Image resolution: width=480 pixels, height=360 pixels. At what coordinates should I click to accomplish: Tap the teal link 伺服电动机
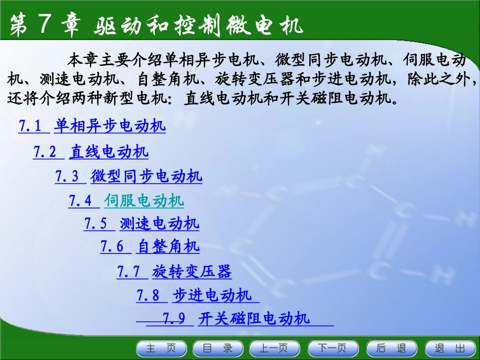pos(144,201)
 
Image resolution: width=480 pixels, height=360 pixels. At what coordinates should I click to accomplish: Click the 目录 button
pos(218,348)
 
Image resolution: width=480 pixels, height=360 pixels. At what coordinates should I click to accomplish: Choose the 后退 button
pos(391,348)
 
